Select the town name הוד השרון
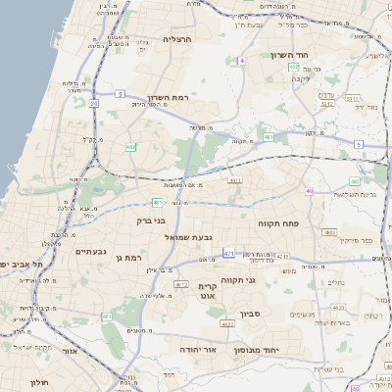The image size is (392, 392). point(290,56)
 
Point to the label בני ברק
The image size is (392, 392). point(151,221)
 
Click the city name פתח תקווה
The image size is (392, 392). point(278,223)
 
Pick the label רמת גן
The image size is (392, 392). point(128,258)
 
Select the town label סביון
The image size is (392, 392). point(251,317)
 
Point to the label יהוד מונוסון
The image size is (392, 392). point(258,349)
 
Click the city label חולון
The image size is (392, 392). point(39,381)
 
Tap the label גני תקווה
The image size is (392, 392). point(239,279)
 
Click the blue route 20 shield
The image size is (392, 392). point(94,102)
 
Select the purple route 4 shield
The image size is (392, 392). point(240,61)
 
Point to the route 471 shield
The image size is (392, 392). point(228,254)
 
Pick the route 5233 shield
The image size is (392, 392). point(353,98)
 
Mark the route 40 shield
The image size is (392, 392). point(309,191)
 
